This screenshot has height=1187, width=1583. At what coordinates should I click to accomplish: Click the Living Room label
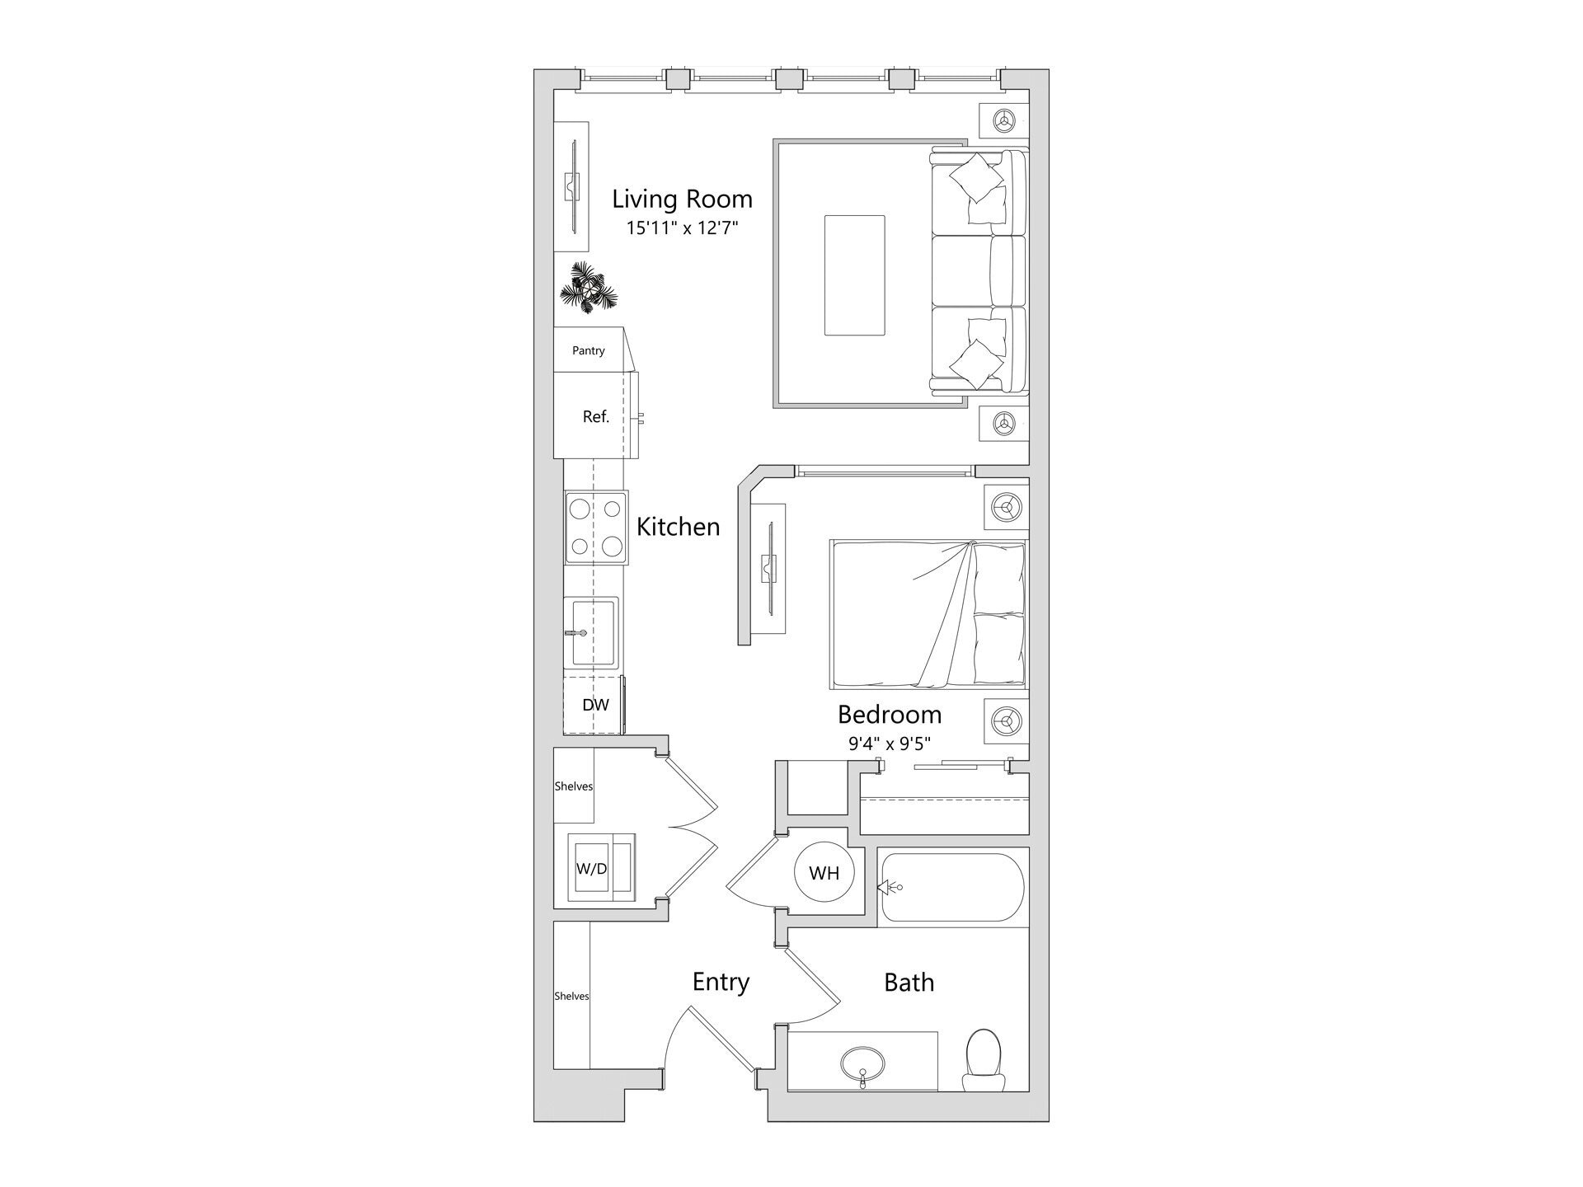point(682,199)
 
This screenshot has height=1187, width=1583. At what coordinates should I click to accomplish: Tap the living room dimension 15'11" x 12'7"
point(681,228)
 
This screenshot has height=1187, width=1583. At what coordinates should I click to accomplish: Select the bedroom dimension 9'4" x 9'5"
point(890,744)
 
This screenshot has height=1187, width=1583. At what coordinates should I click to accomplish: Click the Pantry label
point(589,350)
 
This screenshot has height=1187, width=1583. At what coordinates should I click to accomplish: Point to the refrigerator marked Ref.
point(595,416)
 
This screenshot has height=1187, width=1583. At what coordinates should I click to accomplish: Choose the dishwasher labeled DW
point(595,705)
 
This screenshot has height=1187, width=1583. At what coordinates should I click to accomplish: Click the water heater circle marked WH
point(824,873)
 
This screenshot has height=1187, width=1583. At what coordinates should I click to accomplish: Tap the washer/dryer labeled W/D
point(592,869)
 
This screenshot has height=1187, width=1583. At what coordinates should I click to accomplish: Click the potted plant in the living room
point(588,289)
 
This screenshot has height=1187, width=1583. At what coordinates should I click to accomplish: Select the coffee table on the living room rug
point(855,275)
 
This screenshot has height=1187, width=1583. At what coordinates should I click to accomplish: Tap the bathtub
point(951,887)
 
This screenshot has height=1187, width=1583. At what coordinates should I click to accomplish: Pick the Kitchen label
point(678,527)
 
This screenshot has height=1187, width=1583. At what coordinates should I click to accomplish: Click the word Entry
point(721,982)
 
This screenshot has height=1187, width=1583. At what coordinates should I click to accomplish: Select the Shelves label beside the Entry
point(571,996)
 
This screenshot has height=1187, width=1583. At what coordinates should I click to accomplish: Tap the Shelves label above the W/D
point(573,786)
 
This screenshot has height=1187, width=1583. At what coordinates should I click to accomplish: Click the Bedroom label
point(890,714)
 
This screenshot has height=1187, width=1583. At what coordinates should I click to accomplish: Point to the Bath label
point(909,982)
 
